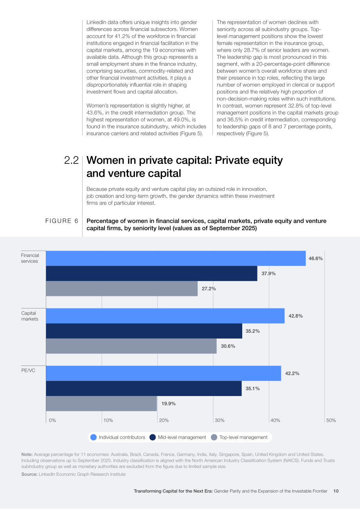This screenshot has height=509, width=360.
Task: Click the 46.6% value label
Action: (x=315, y=258)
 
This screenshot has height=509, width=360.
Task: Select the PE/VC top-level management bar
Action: (x=101, y=403)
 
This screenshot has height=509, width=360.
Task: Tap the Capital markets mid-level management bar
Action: (x=144, y=331)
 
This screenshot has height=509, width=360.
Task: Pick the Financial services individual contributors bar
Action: (x=176, y=258)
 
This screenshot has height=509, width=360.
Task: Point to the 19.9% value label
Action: (x=169, y=403)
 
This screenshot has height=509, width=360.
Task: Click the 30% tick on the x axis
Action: (x=220, y=420)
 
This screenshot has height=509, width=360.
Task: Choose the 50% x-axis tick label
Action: (x=331, y=420)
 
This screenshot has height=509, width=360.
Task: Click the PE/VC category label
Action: (x=28, y=370)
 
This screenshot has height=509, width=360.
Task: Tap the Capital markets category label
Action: (x=30, y=316)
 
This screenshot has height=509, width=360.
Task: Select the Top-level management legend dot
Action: (x=214, y=437)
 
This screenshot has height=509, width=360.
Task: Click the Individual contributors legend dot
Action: (x=94, y=437)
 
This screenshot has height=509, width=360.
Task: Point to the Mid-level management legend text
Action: (x=182, y=437)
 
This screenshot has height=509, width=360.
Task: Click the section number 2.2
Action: (x=71, y=160)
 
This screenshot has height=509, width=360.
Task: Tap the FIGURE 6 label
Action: (x=62, y=221)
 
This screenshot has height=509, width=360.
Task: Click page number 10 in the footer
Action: (x=336, y=491)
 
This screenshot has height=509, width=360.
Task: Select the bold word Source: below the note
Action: (x=29, y=474)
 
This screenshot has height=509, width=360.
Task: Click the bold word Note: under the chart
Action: (x=27, y=454)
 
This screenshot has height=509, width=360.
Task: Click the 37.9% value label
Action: (x=268, y=273)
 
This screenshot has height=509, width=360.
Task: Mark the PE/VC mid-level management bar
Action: (x=144, y=388)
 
